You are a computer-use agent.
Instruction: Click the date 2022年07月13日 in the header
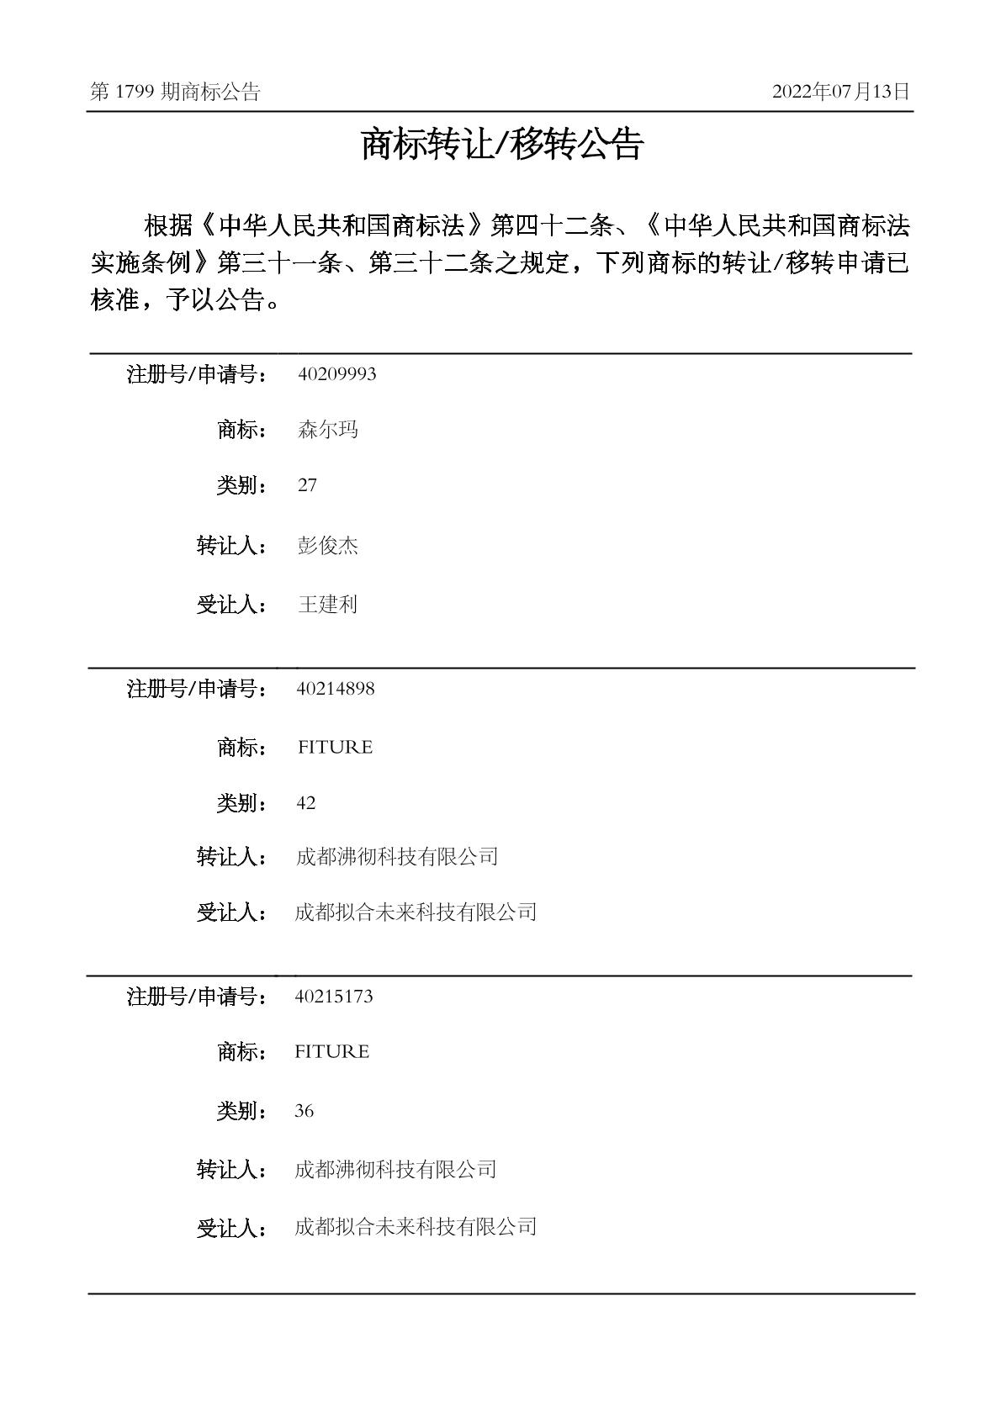point(840,93)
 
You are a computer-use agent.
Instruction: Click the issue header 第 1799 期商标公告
point(175,93)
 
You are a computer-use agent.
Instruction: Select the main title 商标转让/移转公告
point(501,145)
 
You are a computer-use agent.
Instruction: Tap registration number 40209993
point(336,374)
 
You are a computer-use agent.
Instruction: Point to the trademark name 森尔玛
point(328,430)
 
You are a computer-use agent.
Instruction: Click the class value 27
point(307,485)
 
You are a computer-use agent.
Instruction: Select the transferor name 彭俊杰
point(328,546)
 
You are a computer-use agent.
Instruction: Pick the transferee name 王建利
point(328,605)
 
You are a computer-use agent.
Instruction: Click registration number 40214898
point(336,689)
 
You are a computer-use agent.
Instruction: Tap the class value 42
point(306,803)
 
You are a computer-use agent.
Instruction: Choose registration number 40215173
point(334,997)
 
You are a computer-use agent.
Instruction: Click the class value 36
point(305,1111)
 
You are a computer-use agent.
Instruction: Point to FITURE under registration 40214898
point(335,748)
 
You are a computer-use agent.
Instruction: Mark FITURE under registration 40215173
point(332,1052)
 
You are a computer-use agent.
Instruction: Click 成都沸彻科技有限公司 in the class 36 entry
point(395,1169)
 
